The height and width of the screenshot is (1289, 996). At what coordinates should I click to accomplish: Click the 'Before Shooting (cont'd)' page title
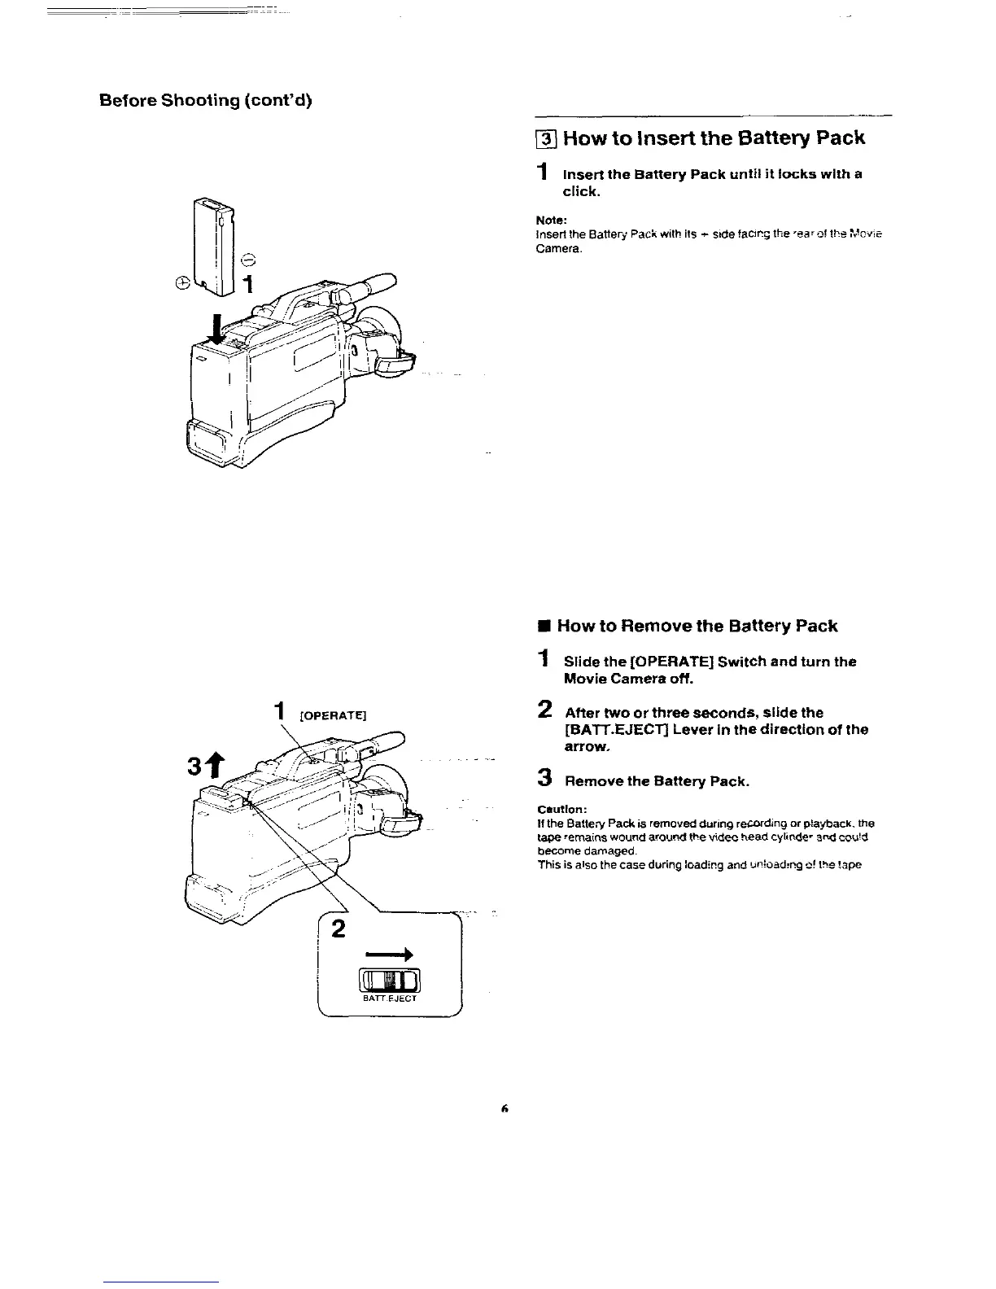[x=206, y=100]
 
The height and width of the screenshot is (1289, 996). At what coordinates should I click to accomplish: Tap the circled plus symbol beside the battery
[x=183, y=282]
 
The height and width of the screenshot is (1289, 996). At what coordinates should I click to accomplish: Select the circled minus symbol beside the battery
[x=247, y=260]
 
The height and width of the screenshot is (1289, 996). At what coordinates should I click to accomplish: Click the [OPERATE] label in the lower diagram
[x=334, y=715]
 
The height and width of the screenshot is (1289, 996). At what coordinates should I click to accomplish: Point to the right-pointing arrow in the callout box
[x=389, y=953]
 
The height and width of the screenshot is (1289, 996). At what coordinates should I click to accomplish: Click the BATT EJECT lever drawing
[x=389, y=980]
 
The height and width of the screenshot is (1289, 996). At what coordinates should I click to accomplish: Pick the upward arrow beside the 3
[x=219, y=764]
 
